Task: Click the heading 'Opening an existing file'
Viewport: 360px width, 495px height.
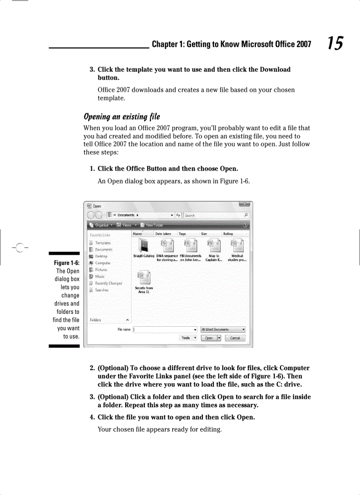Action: (x=122, y=117)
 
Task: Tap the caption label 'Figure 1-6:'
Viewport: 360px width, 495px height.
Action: (x=67, y=263)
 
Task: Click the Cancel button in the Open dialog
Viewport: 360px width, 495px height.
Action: (x=235, y=338)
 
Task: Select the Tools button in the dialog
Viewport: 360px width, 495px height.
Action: (x=188, y=338)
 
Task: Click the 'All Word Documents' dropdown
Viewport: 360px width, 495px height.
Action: (x=223, y=329)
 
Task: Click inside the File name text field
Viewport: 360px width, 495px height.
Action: (x=163, y=329)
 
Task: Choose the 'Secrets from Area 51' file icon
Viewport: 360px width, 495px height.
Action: (x=144, y=279)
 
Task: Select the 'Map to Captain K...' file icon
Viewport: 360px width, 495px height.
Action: (x=214, y=245)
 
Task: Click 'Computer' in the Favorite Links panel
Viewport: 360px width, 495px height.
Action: (x=103, y=263)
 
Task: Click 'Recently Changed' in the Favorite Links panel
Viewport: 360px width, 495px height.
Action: (x=109, y=283)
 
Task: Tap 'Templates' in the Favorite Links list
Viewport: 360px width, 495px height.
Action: (x=103, y=243)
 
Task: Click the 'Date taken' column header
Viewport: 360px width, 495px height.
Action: (x=163, y=234)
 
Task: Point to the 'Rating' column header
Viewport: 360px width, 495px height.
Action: (x=228, y=234)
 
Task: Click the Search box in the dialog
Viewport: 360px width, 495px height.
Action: (x=215, y=216)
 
